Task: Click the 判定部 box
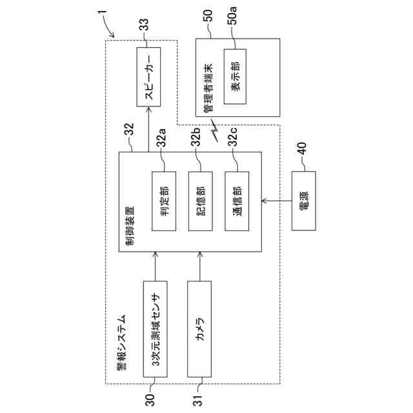point(163,201)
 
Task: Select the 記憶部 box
point(200,201)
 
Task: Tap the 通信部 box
point(237,201)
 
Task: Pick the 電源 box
point(303,201)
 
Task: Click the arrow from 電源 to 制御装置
point(277,201)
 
